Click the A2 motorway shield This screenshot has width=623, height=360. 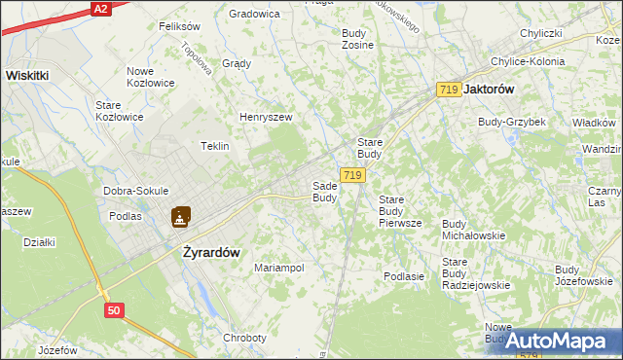(101, 8)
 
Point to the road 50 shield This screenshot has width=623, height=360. (115, 310)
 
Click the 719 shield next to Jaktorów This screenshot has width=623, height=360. (449, 90)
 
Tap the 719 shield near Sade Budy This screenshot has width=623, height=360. (352, 175)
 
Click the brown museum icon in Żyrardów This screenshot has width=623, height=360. (181, 217)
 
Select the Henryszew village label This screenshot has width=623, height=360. (267, 118)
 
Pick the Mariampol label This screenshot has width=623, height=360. (279, 268)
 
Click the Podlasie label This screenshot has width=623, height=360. (403, 276)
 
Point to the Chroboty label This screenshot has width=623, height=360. (244, 338)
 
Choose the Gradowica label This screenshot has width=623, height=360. (254, 15)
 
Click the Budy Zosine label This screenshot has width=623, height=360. (358, 39)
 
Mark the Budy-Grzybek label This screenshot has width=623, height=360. (512, 122)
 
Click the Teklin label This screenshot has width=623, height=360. (214, 146)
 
